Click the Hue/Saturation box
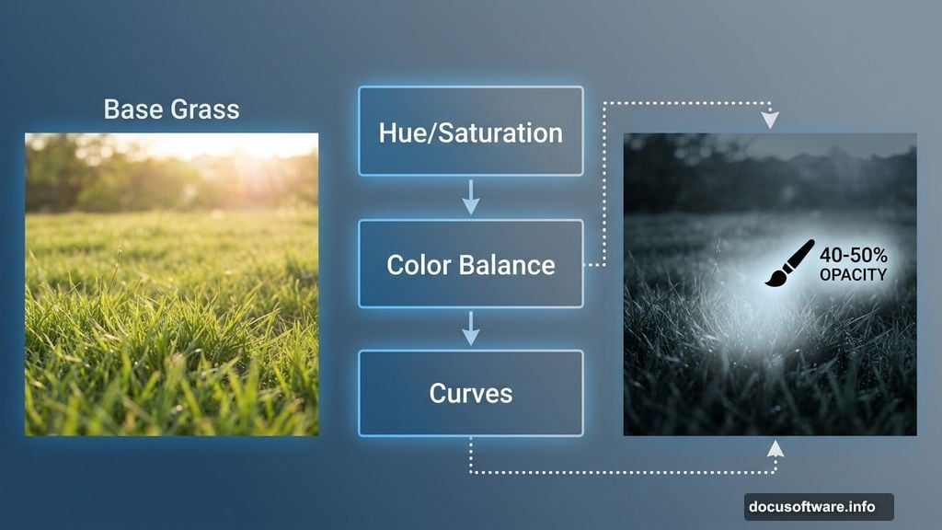coord(470,132)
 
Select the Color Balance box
coord(470,264)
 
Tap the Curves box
coord(470,393)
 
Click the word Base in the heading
coord(131,109)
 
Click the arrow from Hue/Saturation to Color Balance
coord(470,197)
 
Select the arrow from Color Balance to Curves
coord(470,328)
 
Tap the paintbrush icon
coord(789,263)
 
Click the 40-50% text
coord(855,255)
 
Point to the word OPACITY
coord(853,274)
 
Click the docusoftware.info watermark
coord(818,506)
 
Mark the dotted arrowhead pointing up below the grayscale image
coord(775,448)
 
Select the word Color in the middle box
coord(419,265)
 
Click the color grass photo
coord(171,304)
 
